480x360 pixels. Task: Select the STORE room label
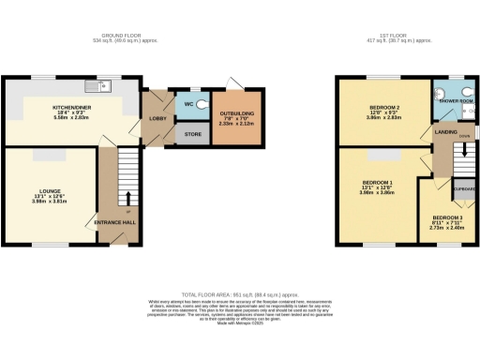tap(191, 134)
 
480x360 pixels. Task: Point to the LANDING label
tap(446, 133)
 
